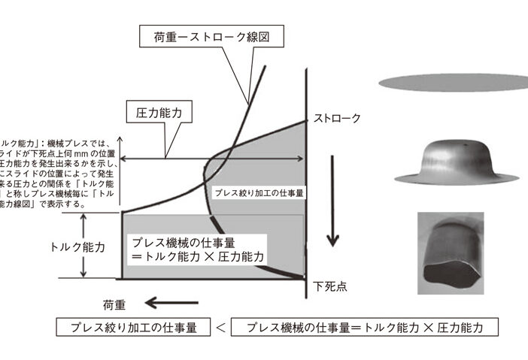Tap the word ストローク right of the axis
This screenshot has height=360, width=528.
[337, 119]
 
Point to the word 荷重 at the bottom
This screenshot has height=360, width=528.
[114, 305]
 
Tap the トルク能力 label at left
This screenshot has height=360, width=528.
[77, 246]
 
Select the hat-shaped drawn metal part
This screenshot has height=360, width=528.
[450, 161]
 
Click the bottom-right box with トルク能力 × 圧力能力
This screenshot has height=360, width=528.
[365, 329]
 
